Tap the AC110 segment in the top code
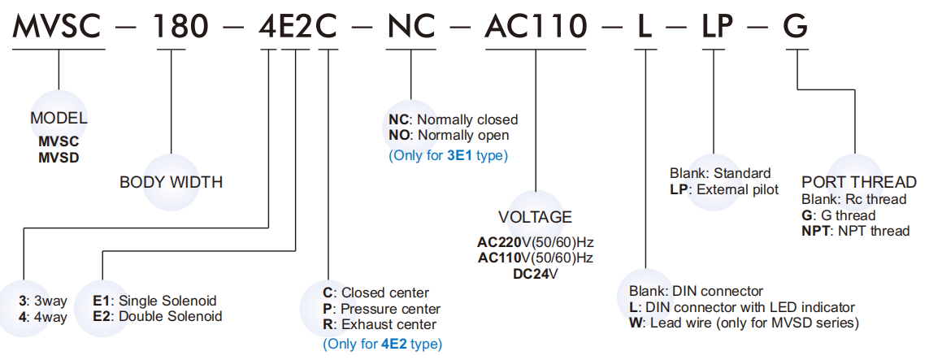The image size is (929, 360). click(536, 26)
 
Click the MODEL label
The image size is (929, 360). click(59, 119)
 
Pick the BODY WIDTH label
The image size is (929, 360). click(171, 182)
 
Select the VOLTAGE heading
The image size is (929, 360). click(535, 218)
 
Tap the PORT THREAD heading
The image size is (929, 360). click(858, 182)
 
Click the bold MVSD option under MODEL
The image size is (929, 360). click(59, 156)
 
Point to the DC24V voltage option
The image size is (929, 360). click(535, 273)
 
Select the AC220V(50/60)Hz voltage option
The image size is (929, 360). click(535, 243)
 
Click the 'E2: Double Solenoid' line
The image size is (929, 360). click(158, 316)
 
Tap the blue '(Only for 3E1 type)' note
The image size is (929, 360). click(448, 154)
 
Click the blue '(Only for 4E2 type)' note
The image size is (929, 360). click(382, 344)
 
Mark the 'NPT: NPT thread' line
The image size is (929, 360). click(855, 231)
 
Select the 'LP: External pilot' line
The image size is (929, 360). click(724, 189)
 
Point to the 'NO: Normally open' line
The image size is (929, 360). click(449, 135)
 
